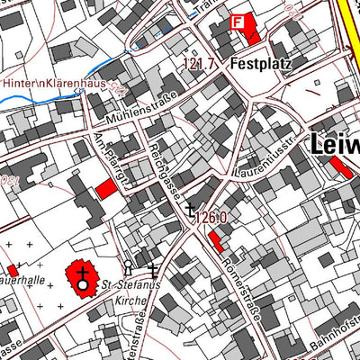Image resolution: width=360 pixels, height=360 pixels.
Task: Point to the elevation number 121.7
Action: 201,65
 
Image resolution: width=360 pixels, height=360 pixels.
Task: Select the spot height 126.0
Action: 209,217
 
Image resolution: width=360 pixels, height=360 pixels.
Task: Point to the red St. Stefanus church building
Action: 83,282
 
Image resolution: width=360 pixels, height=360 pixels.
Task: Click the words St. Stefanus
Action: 132,287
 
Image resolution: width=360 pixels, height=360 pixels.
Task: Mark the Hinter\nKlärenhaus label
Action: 54,83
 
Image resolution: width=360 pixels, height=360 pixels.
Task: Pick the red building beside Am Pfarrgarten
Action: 106,188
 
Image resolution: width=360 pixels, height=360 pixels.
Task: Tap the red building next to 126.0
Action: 217,240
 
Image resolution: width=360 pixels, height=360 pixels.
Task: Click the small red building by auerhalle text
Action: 13,270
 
